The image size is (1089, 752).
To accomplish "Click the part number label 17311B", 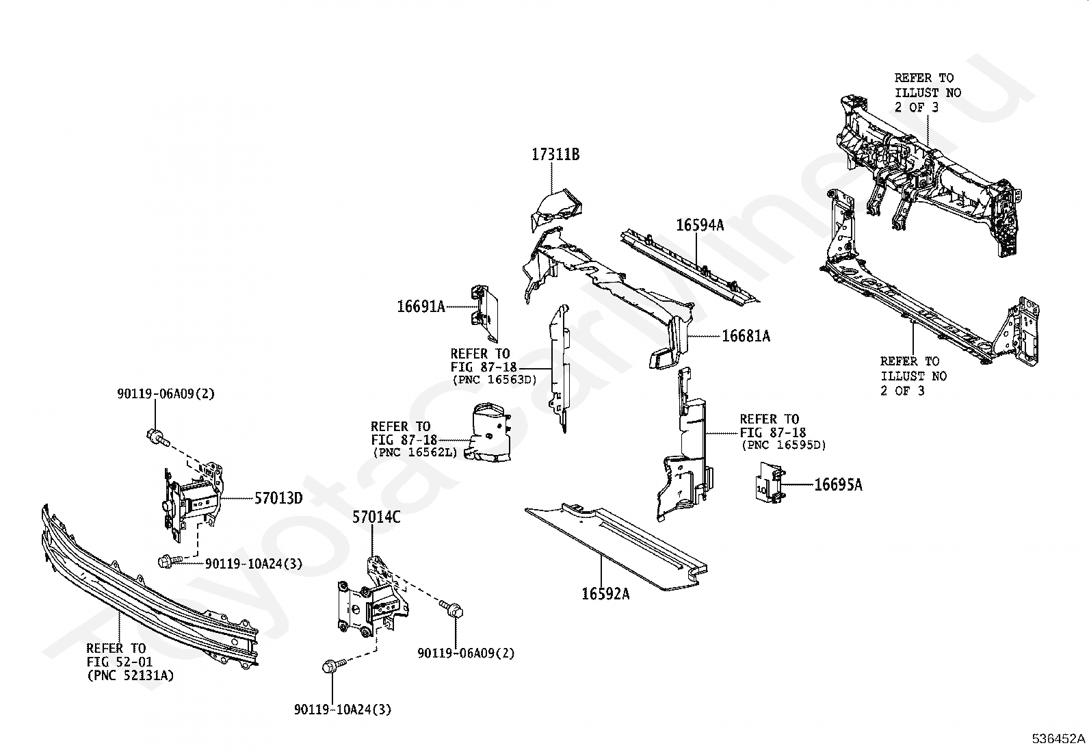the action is tap(555, 155).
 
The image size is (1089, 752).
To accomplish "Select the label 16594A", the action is tap(700, 225).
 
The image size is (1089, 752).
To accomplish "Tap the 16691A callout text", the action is tap(421, 307).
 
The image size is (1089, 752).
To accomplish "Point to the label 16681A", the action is tap(746, 336).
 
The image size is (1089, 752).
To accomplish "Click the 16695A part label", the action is tap(838, 485).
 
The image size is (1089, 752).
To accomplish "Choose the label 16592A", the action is tap(605, 594).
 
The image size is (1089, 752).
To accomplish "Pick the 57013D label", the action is tap(278, 498).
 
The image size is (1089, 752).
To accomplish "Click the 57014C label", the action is tap(376, 517).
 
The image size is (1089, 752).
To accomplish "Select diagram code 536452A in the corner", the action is tap(1058, 739).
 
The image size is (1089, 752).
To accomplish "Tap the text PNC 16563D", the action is tap(495, 380).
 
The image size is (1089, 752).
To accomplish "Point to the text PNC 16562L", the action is tap(415, 452).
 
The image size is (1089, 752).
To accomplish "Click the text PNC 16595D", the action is tap(784, 445).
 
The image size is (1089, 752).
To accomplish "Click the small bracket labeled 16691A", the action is tap(485, 314).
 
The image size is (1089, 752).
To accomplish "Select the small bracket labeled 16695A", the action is tap(770, 482).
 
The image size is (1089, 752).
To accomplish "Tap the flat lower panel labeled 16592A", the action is tap(616, 547).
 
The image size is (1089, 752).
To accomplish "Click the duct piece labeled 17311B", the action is tap(556, 210).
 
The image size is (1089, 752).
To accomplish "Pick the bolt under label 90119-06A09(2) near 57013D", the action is tap(158, 437).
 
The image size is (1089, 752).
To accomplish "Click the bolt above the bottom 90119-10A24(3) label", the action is tap(334, 665).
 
